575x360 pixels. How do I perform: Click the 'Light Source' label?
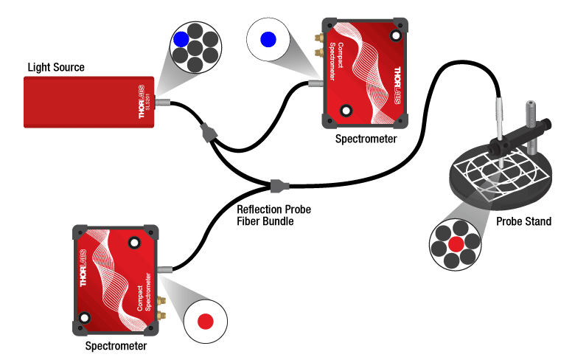coord(56,68)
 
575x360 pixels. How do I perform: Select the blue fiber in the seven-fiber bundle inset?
coord(180,40)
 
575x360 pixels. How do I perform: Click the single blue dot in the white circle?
coord(269,40)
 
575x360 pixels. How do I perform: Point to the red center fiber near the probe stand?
coord(456,244)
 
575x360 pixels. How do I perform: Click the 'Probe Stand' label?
coord(523,221)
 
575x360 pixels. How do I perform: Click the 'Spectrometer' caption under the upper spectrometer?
coord(366,138)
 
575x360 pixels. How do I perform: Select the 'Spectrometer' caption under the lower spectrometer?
coord(116,345)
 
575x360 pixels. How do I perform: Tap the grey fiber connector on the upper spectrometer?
coord(314,85)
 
